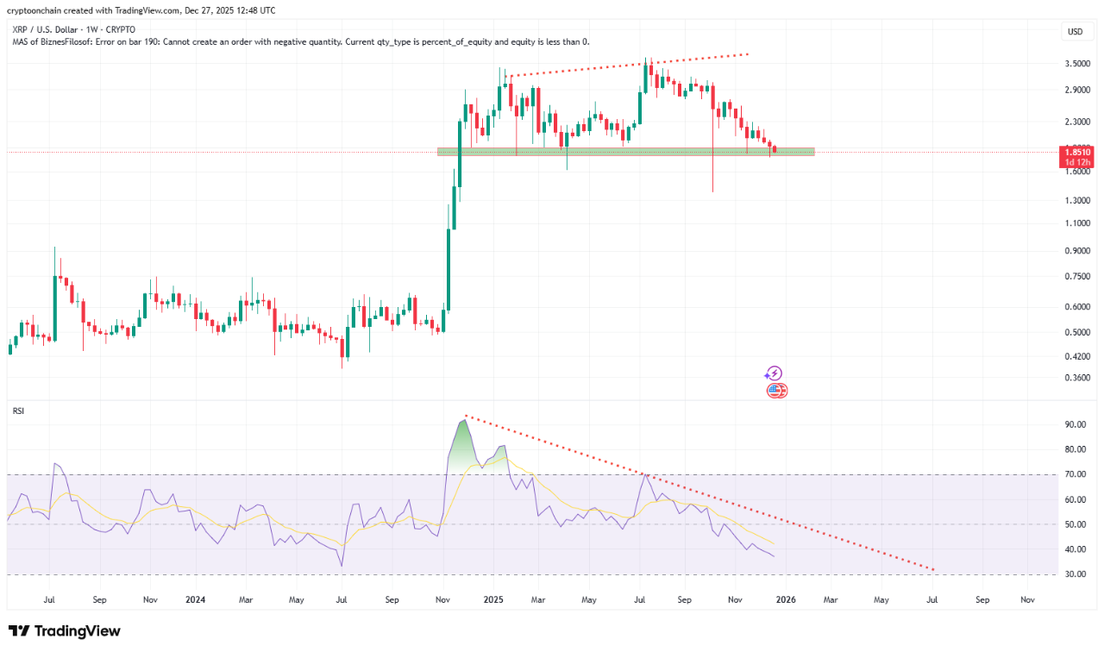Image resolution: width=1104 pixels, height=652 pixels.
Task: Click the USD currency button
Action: click(x=1075, y=32)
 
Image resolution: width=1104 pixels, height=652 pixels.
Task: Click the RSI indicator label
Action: click(x=18, y=411)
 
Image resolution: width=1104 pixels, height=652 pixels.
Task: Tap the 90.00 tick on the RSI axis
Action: click(x=1075, y=425)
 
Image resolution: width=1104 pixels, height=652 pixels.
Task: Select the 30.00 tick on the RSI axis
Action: click(x=1075, y=574)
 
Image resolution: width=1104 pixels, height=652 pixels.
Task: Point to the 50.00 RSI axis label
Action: click(x=1075, y=524)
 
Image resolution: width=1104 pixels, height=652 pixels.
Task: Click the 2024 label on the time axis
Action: click(x=195, y=599)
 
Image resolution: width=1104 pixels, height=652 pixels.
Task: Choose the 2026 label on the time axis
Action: click(x=786, y=599)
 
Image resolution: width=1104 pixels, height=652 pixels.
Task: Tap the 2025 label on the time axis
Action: click(x=492, y=599)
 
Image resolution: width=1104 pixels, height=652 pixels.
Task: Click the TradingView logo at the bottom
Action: click(x=65, y=631)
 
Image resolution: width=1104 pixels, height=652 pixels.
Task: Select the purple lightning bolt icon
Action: click(x=774, y=373)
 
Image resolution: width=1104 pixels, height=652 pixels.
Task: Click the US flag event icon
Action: click(x=775, y=391)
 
